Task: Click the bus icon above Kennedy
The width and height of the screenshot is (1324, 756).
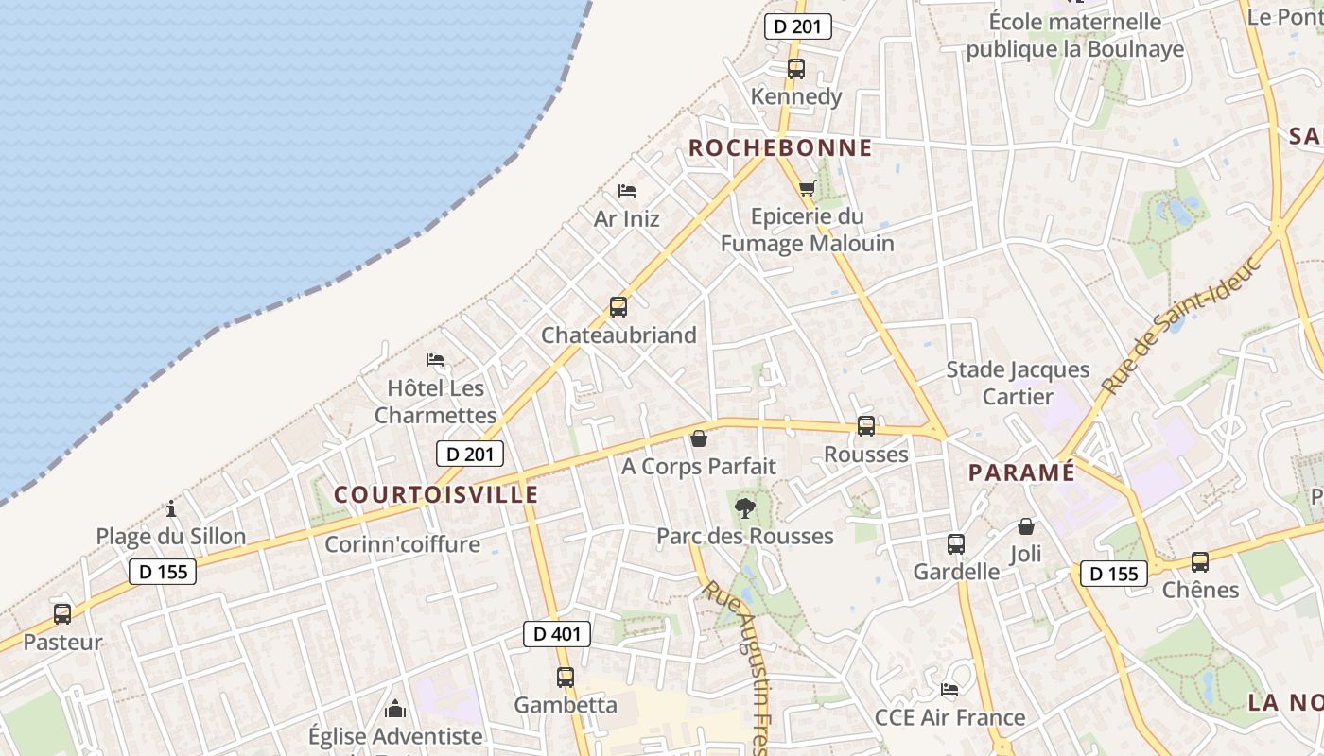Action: click(x=795, y=68)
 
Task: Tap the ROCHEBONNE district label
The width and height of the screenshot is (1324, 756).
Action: click(x=780, y=147)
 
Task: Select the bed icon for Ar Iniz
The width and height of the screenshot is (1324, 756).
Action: click(x=626, y=191)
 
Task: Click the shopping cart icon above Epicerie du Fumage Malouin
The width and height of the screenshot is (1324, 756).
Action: click(x=807, y=188)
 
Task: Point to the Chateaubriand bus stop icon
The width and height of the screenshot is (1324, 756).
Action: click(x=618, y=307)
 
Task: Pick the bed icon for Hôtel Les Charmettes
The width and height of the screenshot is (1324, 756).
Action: click(x=435, y=360)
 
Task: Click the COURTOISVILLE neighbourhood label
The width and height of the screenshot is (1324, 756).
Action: click(x=436, y=494)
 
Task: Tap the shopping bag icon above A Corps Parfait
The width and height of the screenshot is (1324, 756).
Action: click(x=698, y=438)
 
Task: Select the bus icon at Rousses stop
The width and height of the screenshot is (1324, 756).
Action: click(x=865, y=426)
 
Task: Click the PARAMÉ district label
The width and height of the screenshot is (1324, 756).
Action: click(x=1022, y=472)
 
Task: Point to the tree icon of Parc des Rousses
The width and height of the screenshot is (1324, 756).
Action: click(x=745, y=508)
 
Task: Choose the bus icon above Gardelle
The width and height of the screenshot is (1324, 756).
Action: click(x=956, y=544)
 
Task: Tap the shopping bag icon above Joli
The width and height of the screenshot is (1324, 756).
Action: click(x=1026, y=526)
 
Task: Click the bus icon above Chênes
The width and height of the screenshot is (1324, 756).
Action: click(x=1200, y=562)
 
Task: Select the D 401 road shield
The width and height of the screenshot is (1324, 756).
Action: click(x=557, y=634)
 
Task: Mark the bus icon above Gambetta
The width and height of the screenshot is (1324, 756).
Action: click(x=565, y=678)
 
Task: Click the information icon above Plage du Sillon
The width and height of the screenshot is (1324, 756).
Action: click(x=171, y=509)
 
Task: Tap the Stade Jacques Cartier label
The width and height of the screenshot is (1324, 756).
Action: click(x=1018, y=383)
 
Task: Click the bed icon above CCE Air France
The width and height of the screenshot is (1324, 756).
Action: click(x=949, y=690)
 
